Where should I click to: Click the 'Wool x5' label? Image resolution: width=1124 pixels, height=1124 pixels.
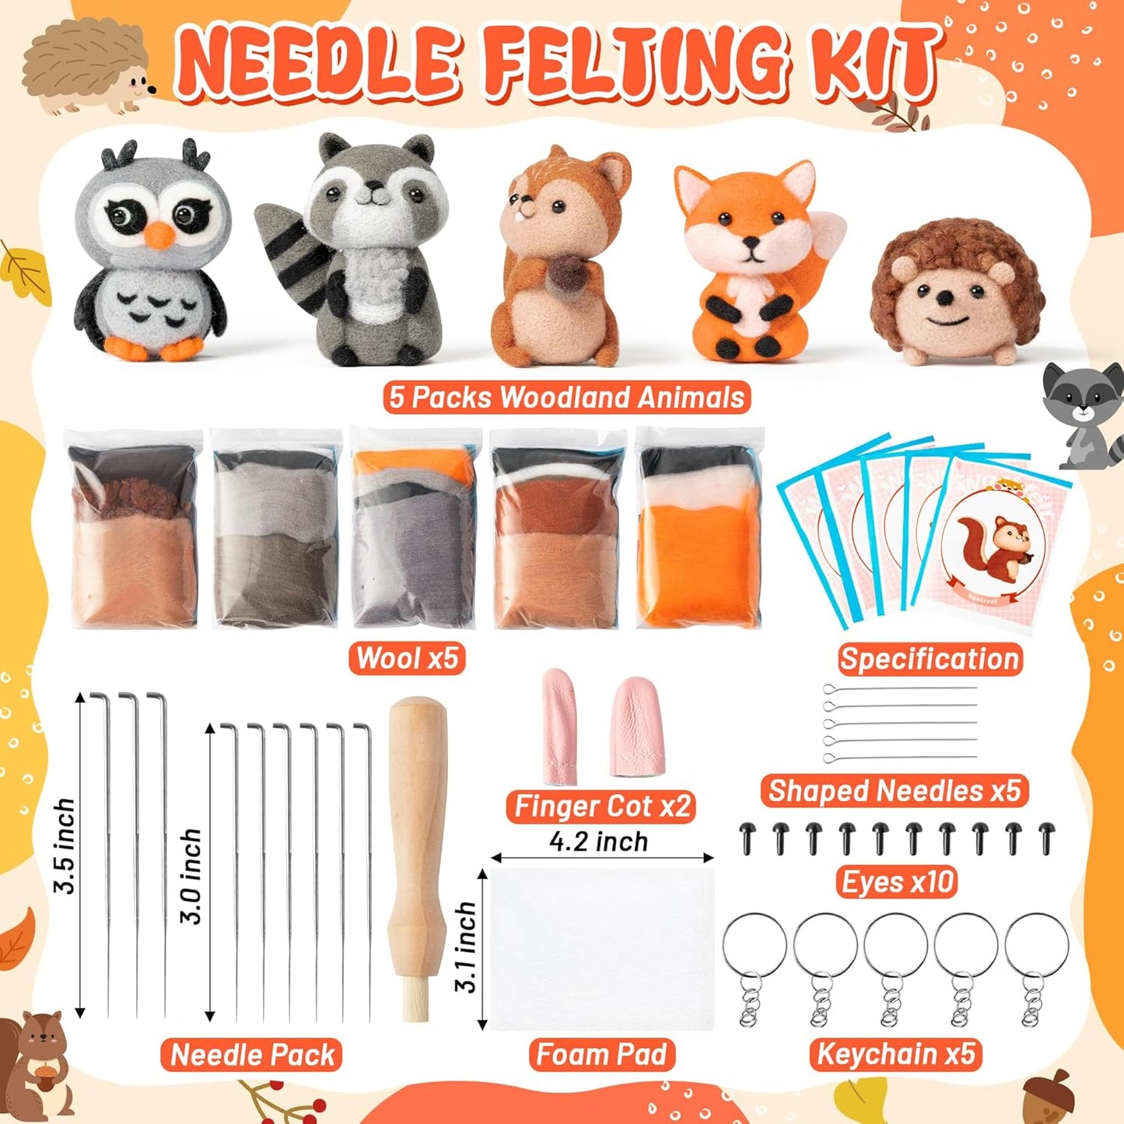[407, 658]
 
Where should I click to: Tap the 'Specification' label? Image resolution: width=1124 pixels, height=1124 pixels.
[930, 659]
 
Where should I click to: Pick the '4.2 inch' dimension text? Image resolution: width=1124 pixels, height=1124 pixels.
[598, 842]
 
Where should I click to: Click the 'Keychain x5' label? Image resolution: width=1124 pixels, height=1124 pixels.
[895, 1054]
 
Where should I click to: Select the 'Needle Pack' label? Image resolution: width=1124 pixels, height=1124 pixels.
[252, 1055]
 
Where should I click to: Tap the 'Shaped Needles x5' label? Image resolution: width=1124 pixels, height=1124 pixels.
[895, 790]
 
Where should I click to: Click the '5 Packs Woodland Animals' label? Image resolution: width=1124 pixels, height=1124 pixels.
[567, 397]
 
